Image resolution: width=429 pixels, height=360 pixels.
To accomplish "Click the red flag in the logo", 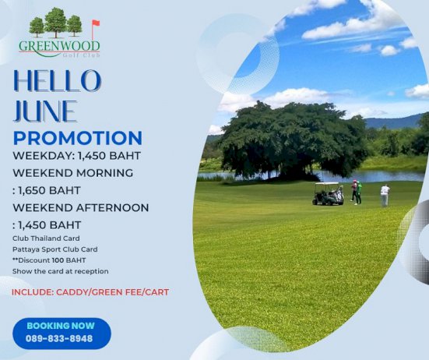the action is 96,23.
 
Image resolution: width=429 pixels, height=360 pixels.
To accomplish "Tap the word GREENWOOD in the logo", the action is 59,46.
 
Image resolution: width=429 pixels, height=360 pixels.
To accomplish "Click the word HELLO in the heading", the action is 58,81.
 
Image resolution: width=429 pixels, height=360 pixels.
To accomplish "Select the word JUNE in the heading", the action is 45,111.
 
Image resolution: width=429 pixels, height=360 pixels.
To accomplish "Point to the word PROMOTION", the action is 78,138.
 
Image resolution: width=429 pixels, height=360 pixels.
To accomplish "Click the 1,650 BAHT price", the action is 49,191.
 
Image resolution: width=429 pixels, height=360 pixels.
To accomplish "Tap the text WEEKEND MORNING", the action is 73,173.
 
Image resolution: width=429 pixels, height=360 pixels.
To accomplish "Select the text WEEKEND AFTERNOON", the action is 81,208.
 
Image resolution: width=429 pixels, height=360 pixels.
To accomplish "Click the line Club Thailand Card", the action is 46,238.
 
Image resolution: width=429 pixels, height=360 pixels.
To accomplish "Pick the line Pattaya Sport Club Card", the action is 55,249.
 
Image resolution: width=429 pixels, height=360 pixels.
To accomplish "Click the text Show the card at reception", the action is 61,271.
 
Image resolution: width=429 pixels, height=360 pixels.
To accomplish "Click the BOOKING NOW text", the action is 61,326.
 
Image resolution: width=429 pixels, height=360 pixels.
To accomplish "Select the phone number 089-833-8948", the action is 59,339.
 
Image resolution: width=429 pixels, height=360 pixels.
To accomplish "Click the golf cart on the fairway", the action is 328,194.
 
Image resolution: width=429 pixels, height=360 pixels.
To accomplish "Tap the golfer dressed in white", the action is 385,195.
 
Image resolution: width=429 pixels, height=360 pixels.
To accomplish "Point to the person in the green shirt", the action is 359,192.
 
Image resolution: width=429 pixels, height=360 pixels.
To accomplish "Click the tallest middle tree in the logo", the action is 55,23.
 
